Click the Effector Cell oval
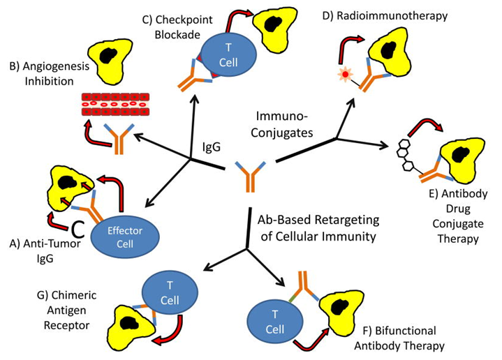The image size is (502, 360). click(x=125, y=237)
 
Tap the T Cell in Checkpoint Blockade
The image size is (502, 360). click(x=228, y=54)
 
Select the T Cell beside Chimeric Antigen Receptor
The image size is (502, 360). click(x=170, y=293)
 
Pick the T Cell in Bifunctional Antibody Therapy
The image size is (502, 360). click(x=275, y=322)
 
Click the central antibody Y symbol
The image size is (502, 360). click(x=251, y=176)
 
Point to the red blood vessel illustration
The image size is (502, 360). click(x=115, y=105)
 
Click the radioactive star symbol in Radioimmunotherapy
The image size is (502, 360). click(x=345, y=75)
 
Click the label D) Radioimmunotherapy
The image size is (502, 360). click(x=385, y=15)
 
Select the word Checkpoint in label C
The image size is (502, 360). click(x=184, y=20)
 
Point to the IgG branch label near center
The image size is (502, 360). click(x=212, y=147)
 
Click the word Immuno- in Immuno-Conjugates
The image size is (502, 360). click(x=282, y=116)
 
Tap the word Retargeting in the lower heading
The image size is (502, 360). click(x=347, y=220)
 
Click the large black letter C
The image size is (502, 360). click(x=77, y=228)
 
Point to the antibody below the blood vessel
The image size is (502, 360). click(x=119, y=139)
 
